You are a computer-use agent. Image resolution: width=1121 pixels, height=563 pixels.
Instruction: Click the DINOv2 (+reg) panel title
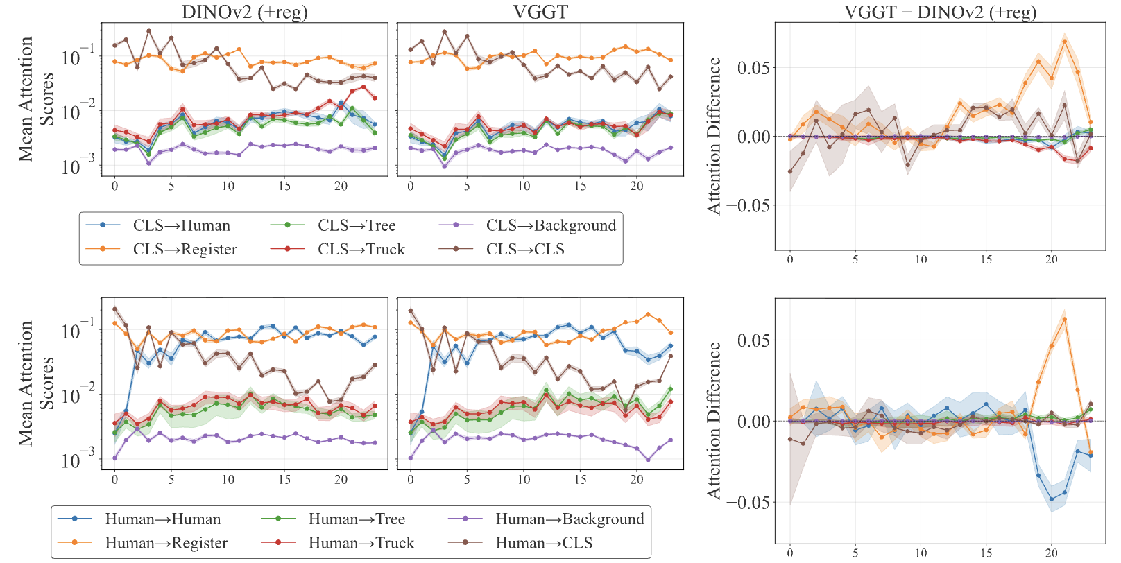coord(244,12)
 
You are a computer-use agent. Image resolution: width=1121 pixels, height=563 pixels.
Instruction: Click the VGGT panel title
coord(540,12)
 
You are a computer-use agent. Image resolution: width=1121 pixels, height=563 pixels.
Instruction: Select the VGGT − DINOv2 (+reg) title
coord(940,12)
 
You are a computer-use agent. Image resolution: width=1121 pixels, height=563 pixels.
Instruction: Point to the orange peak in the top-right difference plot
coord(1065,41)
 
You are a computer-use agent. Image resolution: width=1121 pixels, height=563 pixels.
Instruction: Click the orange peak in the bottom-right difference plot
coord(1065,319)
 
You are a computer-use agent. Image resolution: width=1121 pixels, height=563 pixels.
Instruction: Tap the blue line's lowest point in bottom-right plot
coord(1052,499)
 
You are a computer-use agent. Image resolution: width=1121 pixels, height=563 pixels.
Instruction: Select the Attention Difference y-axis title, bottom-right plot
coord(714,420)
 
